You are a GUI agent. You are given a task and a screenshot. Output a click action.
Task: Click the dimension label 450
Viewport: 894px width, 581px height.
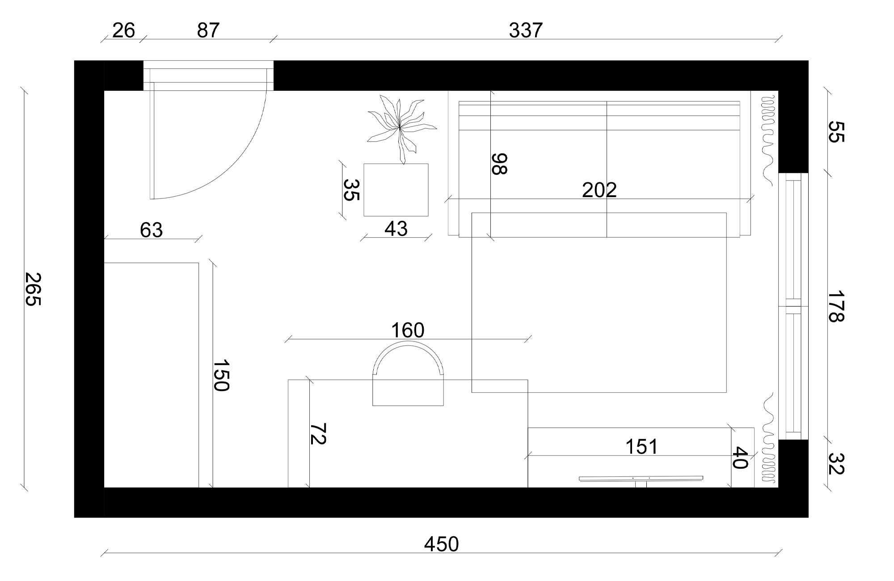point(441,544)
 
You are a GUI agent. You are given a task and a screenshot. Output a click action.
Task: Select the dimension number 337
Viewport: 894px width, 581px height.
point(526,30)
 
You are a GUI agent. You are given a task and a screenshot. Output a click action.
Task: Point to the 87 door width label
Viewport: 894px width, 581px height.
point(208,30)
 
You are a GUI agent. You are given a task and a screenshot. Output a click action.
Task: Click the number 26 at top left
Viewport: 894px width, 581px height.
point(123,30)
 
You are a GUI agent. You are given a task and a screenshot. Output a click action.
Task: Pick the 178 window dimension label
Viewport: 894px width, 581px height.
point(835,307)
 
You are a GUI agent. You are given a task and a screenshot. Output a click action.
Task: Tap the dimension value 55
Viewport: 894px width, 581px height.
point(835,132)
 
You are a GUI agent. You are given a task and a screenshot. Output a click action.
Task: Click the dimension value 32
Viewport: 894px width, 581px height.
point(835,463)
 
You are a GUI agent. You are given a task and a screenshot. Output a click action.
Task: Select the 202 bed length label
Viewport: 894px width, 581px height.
point(599,190)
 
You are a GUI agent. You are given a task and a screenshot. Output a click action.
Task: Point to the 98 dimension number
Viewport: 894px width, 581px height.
point(499,164)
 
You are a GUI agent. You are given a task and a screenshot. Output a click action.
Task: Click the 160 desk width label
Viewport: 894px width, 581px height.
point(407,330)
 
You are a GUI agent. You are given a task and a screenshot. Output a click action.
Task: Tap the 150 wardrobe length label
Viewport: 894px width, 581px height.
point(221,375)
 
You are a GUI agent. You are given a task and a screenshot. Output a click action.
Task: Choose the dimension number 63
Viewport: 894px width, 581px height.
point(151,230)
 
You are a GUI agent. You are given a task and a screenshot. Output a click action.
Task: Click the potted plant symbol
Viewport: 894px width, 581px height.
point(400,127)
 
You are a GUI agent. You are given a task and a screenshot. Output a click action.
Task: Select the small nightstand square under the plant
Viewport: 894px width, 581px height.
point(396,190)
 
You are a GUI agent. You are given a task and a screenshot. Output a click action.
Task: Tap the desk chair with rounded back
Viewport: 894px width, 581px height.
point(408,375)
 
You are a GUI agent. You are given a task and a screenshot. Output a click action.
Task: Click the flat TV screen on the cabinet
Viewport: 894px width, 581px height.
point(641,479)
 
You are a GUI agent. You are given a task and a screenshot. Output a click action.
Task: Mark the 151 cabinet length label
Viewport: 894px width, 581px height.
point(641,446)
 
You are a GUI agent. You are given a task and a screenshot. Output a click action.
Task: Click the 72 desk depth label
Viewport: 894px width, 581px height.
point(318,434)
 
